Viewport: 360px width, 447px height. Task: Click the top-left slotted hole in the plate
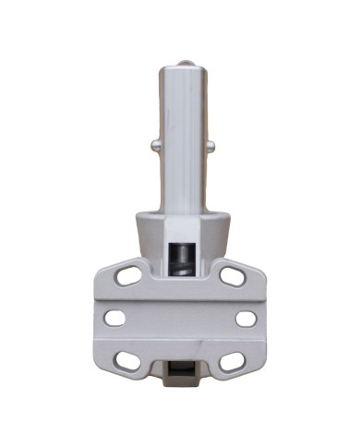click(129, 275)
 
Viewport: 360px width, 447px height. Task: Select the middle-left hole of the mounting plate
click(115, 319)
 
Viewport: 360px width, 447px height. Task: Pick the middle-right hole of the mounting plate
click(246, 319)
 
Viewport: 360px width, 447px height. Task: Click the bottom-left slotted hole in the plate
click(129, 361)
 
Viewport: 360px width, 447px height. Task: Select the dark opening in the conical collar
click(181, 254)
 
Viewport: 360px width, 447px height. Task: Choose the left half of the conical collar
click(151, 236)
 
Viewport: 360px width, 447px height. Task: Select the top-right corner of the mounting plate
click(261, 268)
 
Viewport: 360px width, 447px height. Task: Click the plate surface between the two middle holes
click(181, 319)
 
